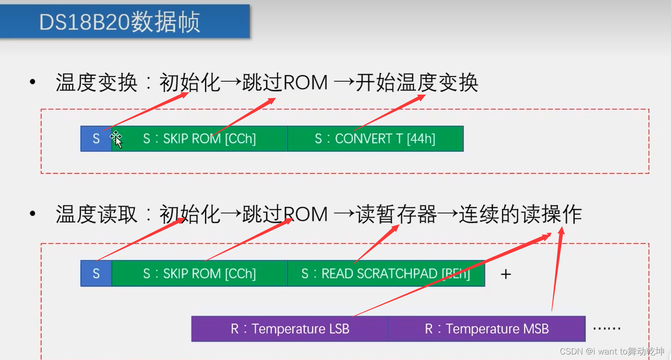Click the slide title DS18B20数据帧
pyautogui.click(x=120, y=22)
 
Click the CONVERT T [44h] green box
pyautogui.click(x=375, y=139)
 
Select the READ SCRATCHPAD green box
pyautogui.click(x=386, y=274)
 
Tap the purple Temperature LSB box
pyautogui.click(x=290, y=329)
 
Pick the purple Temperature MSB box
pyautogui.click(x=486, y=329)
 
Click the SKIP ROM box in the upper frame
pyautogui.click(x=199, y=139)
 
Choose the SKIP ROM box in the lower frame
pyautogui.click(x=199, y=274)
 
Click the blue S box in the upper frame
pyautogui.click(x=96, y=139)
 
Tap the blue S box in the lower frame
pyautogui.click(x=96, y=274)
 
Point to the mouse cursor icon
pyautogui.click(x=116, y=139)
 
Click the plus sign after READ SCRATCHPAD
pyautogui.click(x=506, y=274)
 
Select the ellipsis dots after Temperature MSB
pyautogui.click(x=606, y=328)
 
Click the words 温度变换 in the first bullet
pyautogui.click(x=96, y=84)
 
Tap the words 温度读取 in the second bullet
pyautogui.click(x=96, y=215)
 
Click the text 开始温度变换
pyautogui.click(x=416, y=84)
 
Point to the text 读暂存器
pyautogui.click(x=396, y=215)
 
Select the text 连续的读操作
pyautogui.click(x=520, y=215)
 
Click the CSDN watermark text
pyautogui.click(x=612, y=351)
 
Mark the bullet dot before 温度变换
pyautogui.click(x=32, y=83)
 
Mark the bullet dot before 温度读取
pyautogui.click(x=32, y=214)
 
